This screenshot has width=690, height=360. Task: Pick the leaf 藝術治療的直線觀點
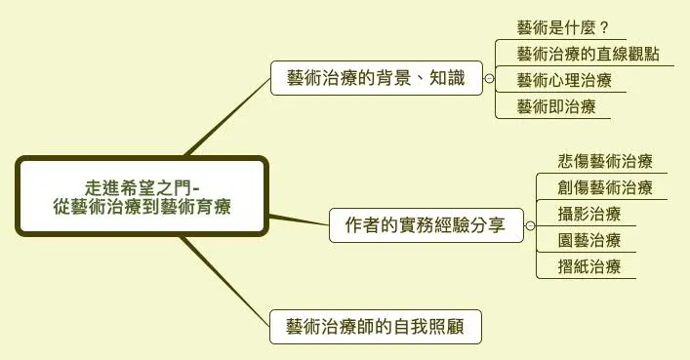pyautogui.click(x=588, y=53)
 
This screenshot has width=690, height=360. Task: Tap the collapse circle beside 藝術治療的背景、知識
pyautogui.click(x=489, y=79)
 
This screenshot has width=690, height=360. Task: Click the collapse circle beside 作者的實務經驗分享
pyautogui.click(x=528, y=226)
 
